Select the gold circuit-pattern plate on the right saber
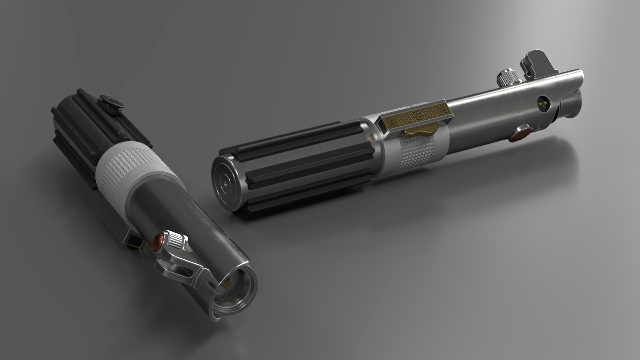[415, 115]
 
